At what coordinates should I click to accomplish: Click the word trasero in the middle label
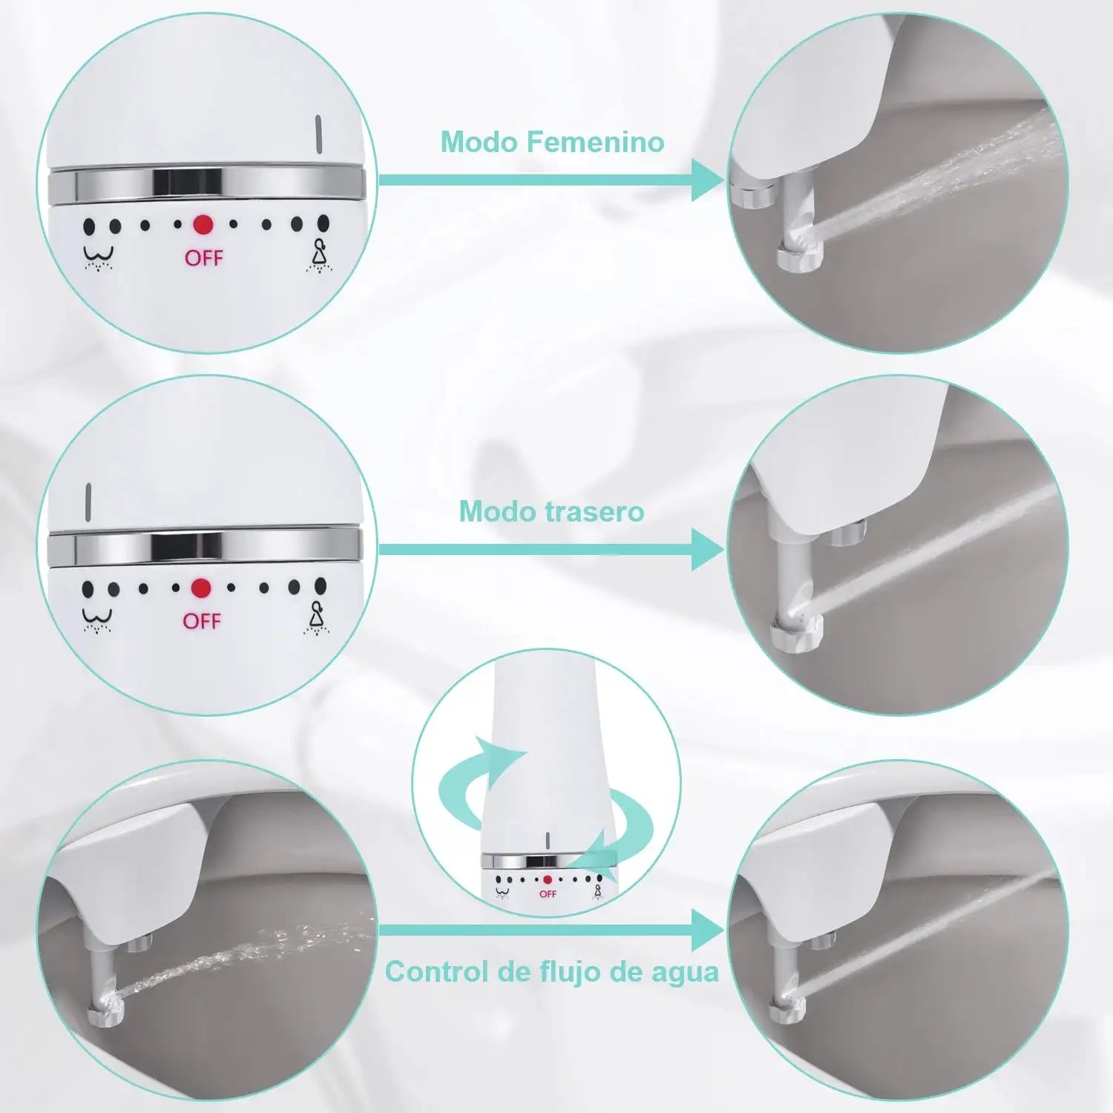click(x=594, y=511)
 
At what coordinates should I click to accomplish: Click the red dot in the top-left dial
click(x=203, y=225)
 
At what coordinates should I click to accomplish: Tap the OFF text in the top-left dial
click(x=203, y=258)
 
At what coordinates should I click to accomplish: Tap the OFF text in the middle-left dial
click(x=202, y=621)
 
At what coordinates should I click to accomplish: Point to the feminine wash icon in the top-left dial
click(x=320, y=255)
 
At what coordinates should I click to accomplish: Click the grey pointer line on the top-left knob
click(x=318, y=134)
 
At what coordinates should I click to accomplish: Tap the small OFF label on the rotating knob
click(x=548, y=894)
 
